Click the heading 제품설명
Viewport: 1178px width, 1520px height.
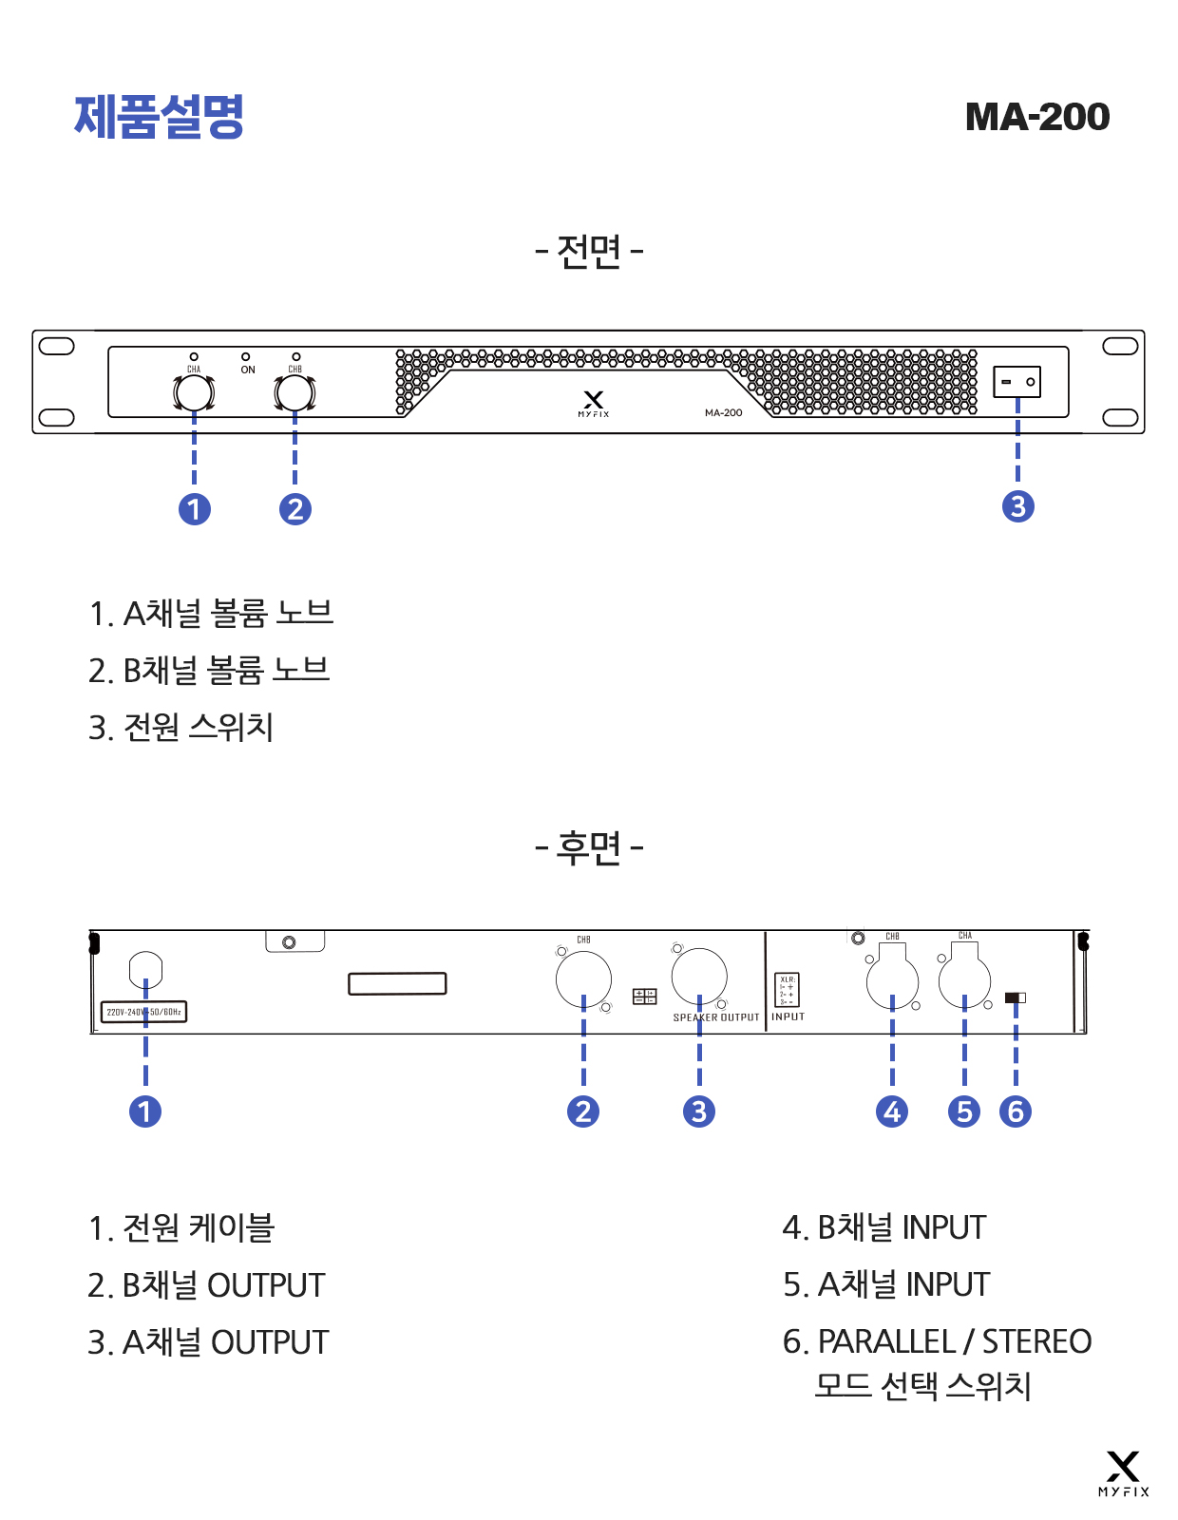160,117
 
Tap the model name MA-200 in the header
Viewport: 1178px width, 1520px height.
1036,117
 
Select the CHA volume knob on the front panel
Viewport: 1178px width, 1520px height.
194,392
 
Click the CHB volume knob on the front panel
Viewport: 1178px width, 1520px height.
294,392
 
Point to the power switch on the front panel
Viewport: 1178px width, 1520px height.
1016,382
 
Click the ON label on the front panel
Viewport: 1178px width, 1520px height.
247,370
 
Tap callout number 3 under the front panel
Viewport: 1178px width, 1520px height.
1017,506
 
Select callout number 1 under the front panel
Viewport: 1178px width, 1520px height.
195,509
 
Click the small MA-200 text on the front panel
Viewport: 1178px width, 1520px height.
723,412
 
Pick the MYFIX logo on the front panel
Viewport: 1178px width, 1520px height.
594,403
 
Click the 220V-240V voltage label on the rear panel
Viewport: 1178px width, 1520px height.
143,1012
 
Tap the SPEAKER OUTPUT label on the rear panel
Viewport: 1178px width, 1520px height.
716,1017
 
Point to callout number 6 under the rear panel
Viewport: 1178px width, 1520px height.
1016,1111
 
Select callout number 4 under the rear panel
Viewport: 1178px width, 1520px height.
891,1111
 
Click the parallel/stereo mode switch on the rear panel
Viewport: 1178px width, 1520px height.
1015,997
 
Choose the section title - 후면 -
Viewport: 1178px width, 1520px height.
589,847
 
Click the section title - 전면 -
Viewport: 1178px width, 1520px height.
589,252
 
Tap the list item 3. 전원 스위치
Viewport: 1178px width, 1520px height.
181,728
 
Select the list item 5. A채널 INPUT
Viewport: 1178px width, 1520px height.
885,1284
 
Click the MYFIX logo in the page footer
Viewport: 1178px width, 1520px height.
1123,1473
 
